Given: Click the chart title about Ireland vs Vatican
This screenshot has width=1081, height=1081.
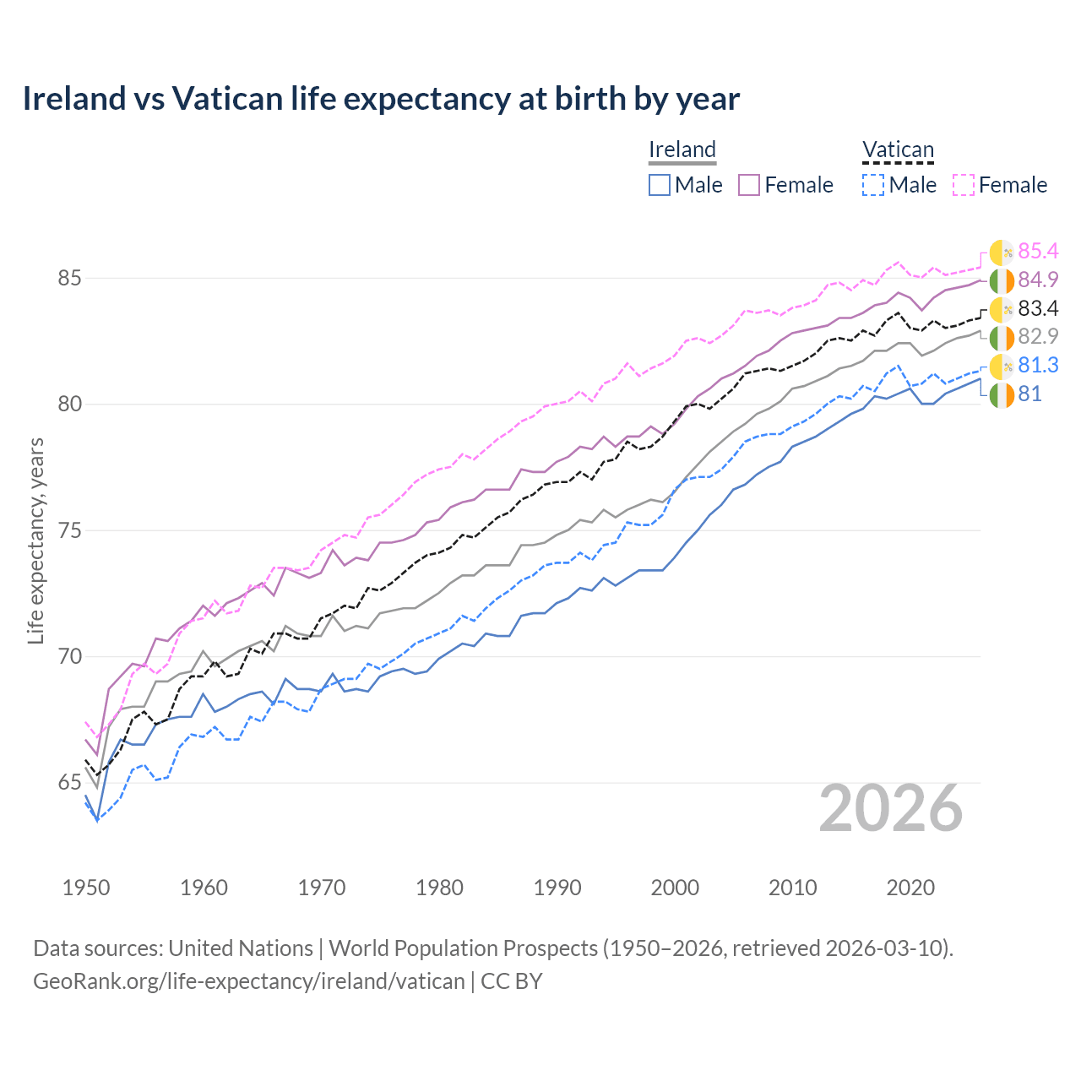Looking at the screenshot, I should tap(381, 99).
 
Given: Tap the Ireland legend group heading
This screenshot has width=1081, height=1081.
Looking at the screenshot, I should tap(682, 149).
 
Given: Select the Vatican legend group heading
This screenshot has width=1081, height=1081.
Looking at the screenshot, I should tap(898, 149).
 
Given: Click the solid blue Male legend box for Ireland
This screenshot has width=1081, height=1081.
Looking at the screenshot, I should tap(660, 185).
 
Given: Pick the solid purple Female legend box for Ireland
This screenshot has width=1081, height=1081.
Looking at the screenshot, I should tap(749, 185).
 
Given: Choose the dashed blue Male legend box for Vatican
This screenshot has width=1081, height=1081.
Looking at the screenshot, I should tap(873, 185).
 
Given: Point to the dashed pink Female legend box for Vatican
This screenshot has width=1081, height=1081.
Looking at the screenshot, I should tap(964, 185).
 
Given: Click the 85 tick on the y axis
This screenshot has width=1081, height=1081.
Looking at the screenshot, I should tap(69, 278).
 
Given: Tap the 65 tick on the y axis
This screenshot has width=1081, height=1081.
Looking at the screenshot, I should tap(69, 783).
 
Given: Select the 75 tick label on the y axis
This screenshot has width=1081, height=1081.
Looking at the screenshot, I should tap(69, 530).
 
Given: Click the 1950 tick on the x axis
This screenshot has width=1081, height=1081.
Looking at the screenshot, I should tap(86, 888).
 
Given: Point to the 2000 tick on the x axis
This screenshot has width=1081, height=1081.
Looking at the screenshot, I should tap(675, 888).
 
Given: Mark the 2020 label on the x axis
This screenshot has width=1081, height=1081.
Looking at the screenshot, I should tap(910, 888).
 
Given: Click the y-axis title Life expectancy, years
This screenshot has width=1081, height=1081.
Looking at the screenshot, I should tap(35, 540).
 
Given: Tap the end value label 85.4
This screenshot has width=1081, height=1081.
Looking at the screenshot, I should tap(1038, 251).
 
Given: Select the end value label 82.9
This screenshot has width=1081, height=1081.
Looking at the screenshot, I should tap(1038, 336).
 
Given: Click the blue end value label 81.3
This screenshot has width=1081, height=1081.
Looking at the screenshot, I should tap(1038, 365).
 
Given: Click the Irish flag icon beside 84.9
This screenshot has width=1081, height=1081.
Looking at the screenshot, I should tap(1002, 280).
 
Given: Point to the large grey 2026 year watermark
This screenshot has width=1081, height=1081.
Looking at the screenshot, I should tap(891, 808).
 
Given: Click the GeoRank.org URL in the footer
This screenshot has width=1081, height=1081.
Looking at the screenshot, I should tap(249, 981).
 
